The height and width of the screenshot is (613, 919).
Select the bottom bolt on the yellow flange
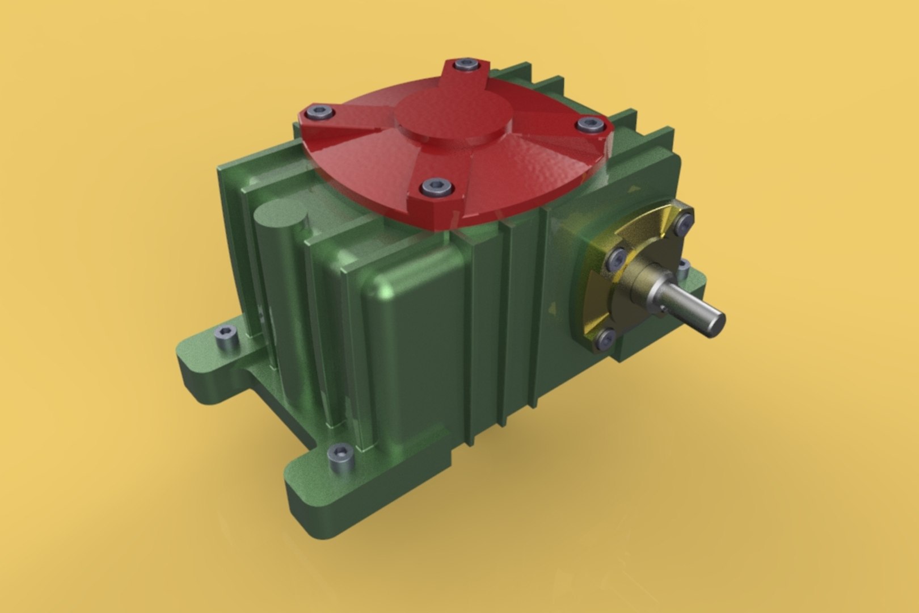[x=605, y=339]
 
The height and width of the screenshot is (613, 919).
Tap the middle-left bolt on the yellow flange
[x=615, y=260]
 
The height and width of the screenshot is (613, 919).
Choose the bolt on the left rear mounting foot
[x=225, y=336]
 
